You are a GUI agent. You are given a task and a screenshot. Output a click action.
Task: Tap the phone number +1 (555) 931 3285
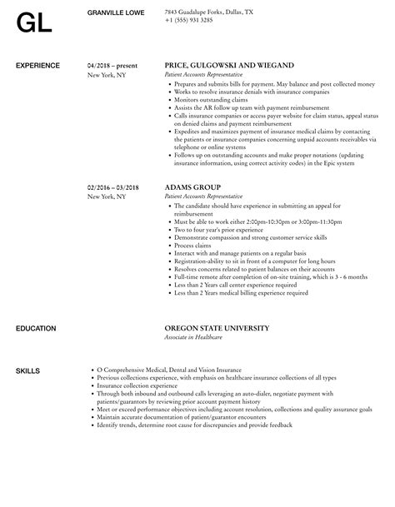(188, 20)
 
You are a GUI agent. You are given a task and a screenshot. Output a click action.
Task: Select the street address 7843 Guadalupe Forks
(196, 12)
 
